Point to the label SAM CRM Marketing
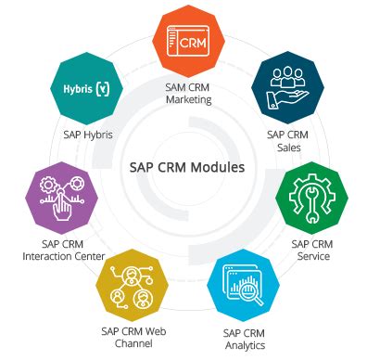[x=189, y=94]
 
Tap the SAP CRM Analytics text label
[x=245, y=338]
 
